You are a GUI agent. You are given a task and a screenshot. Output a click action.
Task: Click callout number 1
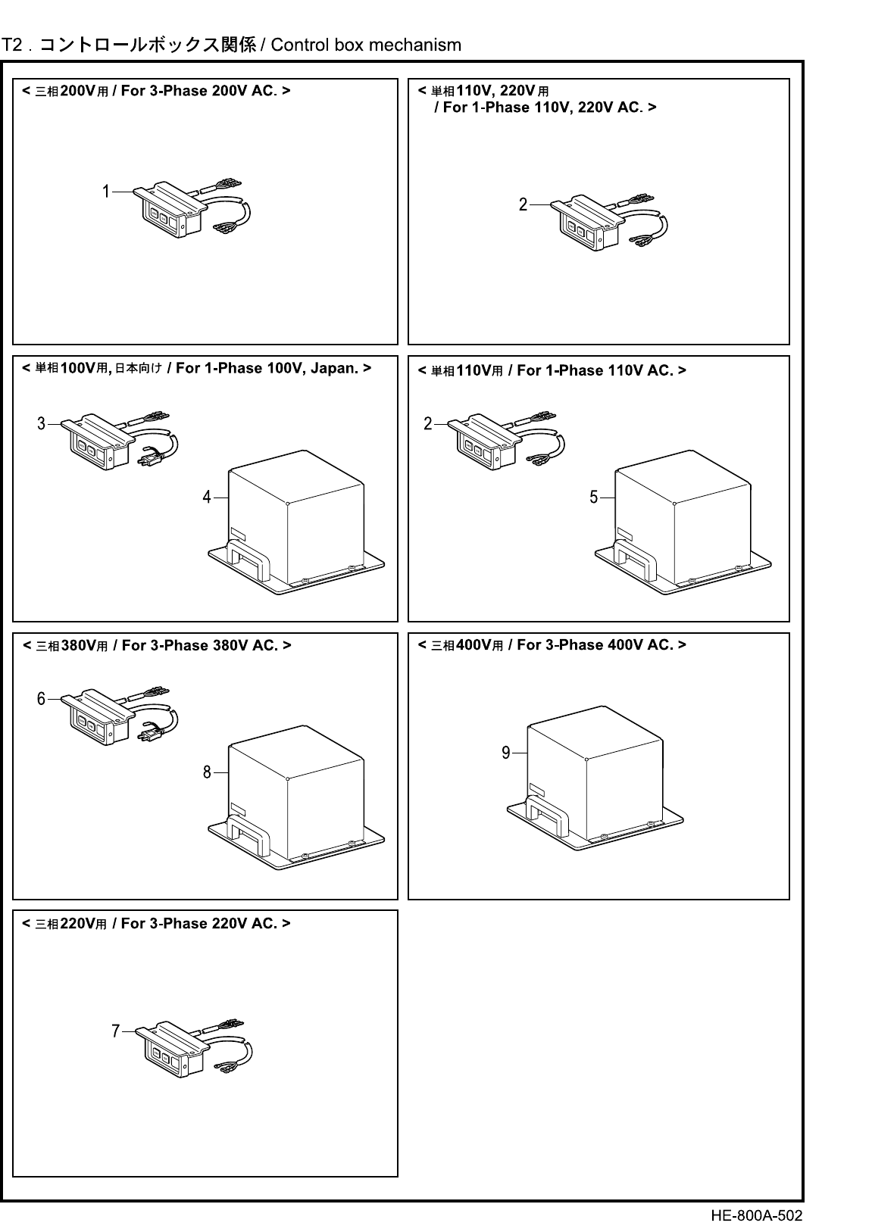107,192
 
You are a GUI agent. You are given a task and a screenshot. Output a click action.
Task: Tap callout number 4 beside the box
206,498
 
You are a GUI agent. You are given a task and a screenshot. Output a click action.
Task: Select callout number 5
594,497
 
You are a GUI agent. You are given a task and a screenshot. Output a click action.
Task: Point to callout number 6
42,699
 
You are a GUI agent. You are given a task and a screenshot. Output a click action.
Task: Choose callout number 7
115,1031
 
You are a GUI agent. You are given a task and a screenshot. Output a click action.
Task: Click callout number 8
206,772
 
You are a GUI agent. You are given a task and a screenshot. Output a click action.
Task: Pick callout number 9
505,753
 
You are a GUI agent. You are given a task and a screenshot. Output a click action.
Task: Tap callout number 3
42,423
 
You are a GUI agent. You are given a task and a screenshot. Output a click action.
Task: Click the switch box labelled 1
170,211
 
